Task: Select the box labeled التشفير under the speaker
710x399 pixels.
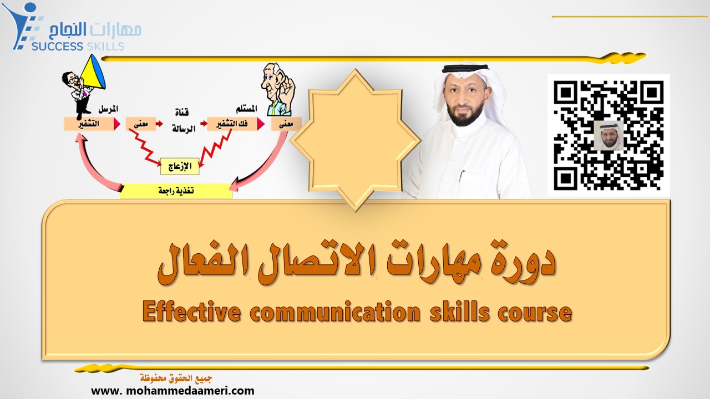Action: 88,124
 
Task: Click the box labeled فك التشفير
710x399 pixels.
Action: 232,124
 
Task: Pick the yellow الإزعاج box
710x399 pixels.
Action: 179,165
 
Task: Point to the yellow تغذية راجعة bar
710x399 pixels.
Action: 176,191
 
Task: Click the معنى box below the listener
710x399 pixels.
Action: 286,124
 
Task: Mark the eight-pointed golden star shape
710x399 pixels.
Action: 355,139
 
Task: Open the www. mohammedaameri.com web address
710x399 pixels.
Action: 173,390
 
